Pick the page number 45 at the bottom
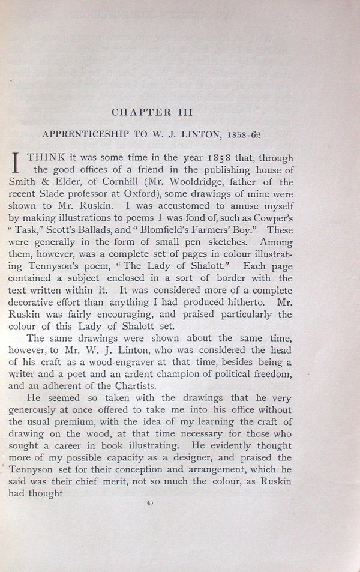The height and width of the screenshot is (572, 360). pos(149,504)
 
